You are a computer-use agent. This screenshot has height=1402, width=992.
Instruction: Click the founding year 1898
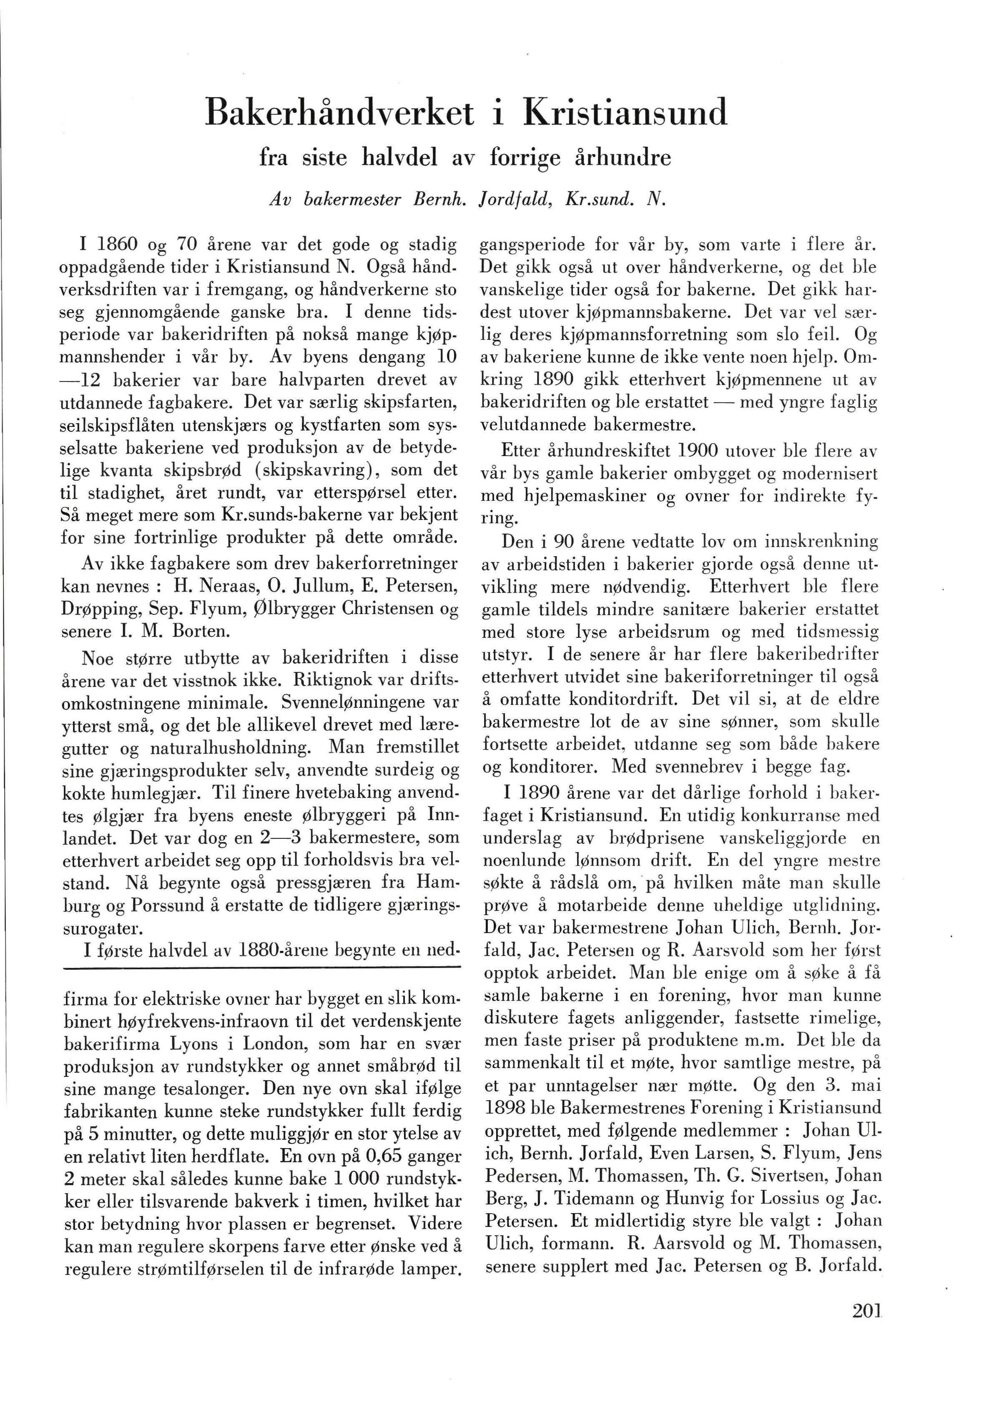click(x=505, y=1108)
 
